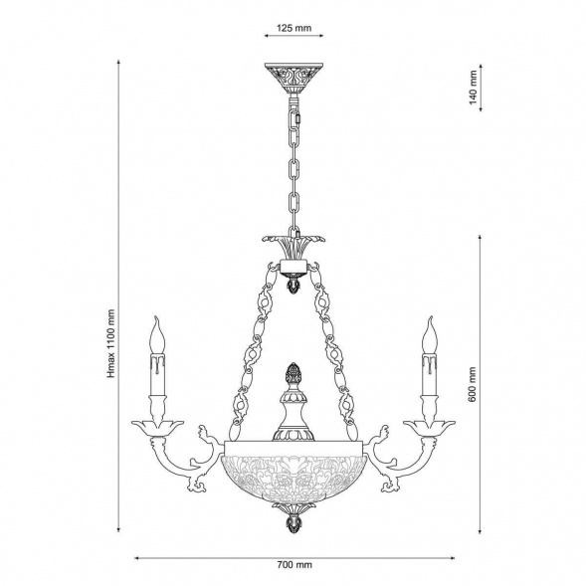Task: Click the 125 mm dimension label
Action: (293, 28)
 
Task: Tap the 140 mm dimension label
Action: (474, 88)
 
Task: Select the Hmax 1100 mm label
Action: (111, 343)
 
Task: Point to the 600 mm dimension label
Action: (472, 384)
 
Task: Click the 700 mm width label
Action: (294, 565)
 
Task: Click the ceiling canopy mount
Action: (293, 79)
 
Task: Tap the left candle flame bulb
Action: (157, 334)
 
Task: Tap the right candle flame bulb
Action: (430, 334)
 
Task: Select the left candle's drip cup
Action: (157, 428)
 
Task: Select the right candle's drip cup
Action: (430, 428)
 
